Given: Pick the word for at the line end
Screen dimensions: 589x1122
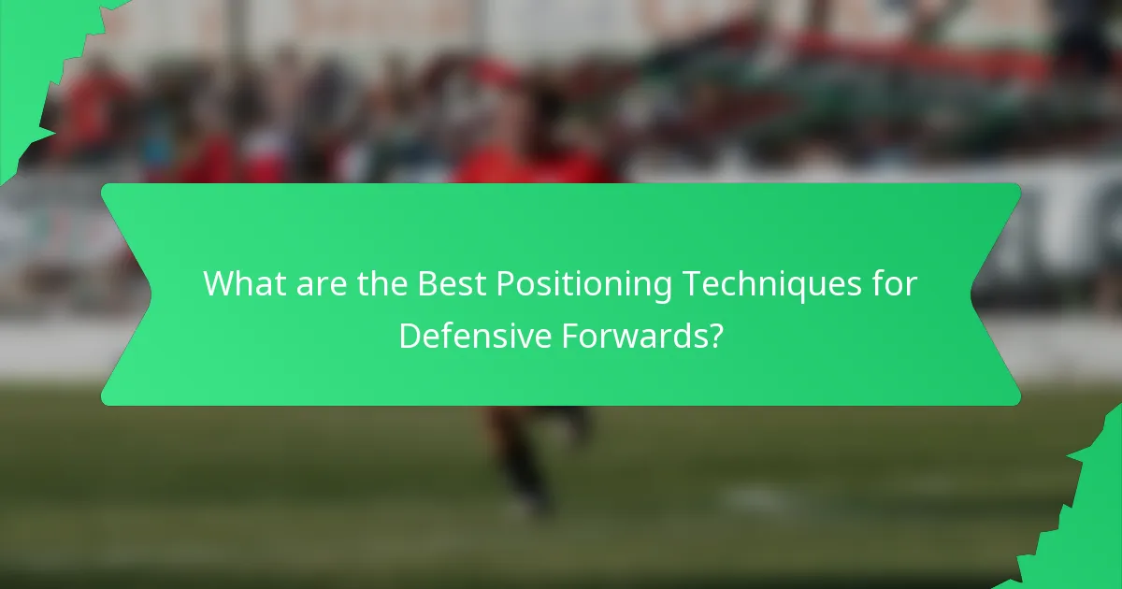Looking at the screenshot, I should tap(896, 284).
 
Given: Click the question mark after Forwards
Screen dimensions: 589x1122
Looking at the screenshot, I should tap(715, 335).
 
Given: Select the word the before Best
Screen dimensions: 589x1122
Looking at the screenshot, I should tap(381, 284).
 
